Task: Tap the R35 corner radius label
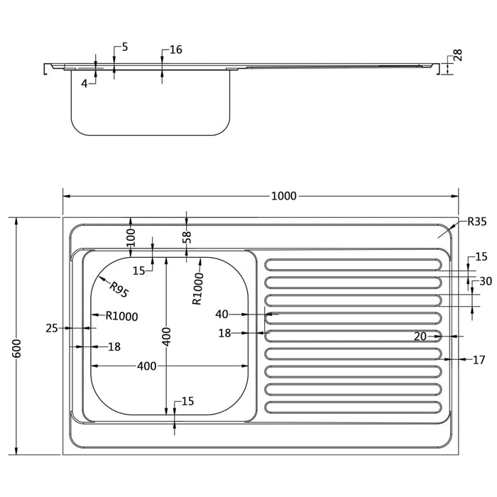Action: (476, 222)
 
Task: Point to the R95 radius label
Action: (118, 289)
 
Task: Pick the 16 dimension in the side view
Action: (176, 50)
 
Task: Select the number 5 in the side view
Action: (125, 47)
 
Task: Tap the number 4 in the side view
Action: (84, 83)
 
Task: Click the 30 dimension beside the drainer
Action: (486, 281)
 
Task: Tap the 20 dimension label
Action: (420, 337)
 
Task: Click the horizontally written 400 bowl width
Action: (146, 366)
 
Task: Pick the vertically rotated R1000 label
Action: (199, 289)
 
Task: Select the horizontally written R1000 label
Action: (121, 317)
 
